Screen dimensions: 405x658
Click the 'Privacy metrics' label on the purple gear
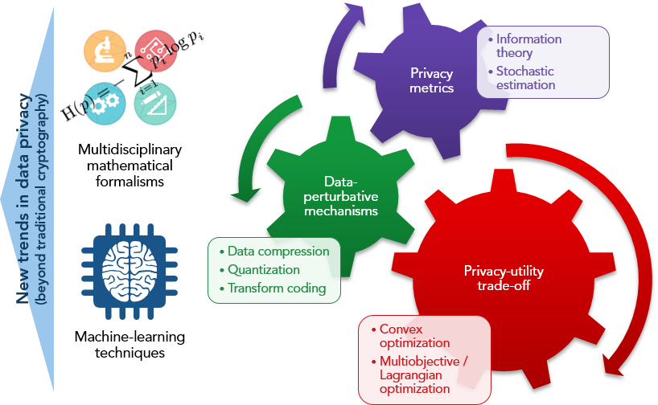tap(432, 80)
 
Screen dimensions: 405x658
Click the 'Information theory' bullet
tap(528, 46)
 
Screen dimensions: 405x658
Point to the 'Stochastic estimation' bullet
tap(524, 78)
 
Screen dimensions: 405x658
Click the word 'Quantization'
tap(263, 270)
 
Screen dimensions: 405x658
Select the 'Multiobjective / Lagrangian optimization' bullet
tap(419, 374)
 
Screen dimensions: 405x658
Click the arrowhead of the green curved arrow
tap(245, 193)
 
